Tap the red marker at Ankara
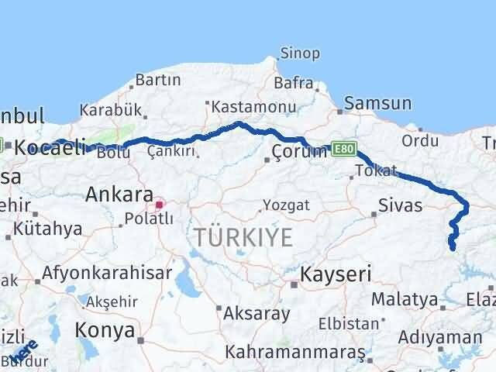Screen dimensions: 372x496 [x=160, y=205]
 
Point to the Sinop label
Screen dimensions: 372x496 [x=299, y=53]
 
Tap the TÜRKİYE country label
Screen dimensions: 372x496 [x=244, y=238]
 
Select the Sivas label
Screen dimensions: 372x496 [x=401, y=205]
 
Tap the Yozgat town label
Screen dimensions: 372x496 [x=286, y=205]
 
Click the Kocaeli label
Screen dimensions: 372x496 [x=48, y=146]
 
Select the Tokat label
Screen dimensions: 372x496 [x=376, y=170]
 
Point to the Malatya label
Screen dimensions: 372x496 [x=404, y=298]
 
